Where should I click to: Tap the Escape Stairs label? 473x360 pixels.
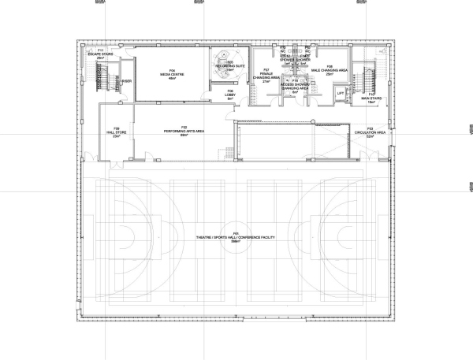click(x=100, y=55)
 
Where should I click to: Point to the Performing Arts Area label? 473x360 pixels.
click(x=184, y=130)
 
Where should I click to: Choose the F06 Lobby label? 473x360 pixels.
click(x=230, y=95)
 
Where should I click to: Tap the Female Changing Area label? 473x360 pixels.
click(x=267, y=76)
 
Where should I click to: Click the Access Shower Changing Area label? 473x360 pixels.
click(x=294, y=85)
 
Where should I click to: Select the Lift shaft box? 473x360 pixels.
click(x=341, y=94)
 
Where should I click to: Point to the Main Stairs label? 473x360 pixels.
click(x=371, y=98)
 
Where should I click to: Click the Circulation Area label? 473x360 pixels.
click(x=370, y=133)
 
